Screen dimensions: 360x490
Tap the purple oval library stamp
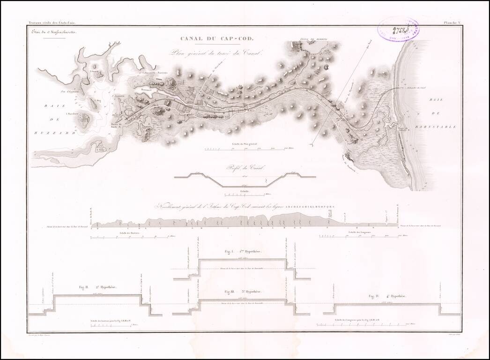click(398, 29)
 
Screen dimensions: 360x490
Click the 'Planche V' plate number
click(453, 22)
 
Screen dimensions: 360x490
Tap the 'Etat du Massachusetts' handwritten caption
click(52, 32)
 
